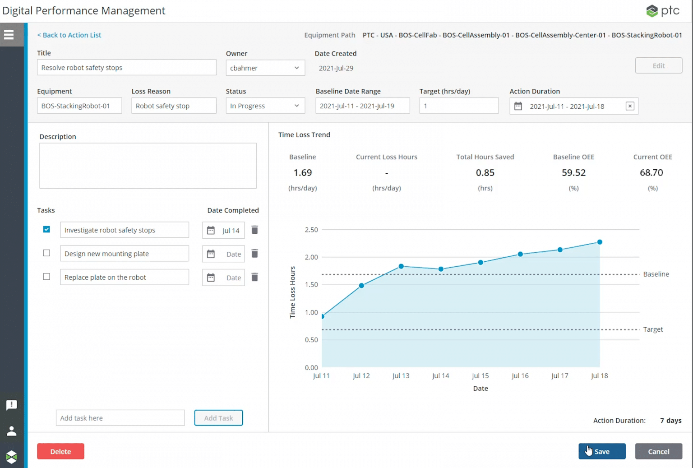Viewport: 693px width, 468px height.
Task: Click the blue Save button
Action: click(602, 451)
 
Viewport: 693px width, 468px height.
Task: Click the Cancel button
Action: click(658, 451)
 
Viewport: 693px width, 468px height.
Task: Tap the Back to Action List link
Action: click(69, 35)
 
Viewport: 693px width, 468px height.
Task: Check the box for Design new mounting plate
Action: click(46, 253)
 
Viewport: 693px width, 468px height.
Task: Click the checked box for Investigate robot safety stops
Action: click(46, 229)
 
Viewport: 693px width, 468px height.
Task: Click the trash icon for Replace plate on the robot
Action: click(254, 277)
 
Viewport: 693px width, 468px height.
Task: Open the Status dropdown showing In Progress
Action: click(265, 106)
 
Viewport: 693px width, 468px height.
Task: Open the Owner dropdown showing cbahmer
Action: click(265, 68)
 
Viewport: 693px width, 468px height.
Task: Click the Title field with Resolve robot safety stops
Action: click(126, 68)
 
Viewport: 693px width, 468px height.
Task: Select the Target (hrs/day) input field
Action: click(458, 106)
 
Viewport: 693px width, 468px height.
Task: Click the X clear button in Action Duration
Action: click(630, 106)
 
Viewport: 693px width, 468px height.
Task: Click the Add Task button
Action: click(218, 418)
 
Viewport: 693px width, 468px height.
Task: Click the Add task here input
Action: click(120, 418)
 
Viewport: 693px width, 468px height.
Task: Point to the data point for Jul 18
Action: click(600, 242)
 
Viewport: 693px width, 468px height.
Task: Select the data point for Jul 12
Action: click(361, 286)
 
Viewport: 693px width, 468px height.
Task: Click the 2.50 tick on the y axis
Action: click(311, 230)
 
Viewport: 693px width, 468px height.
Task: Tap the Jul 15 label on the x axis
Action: click(480, 375)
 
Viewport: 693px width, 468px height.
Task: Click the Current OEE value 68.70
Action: click(651, 173)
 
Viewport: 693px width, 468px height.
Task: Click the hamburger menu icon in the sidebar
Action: click(9, 35)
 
